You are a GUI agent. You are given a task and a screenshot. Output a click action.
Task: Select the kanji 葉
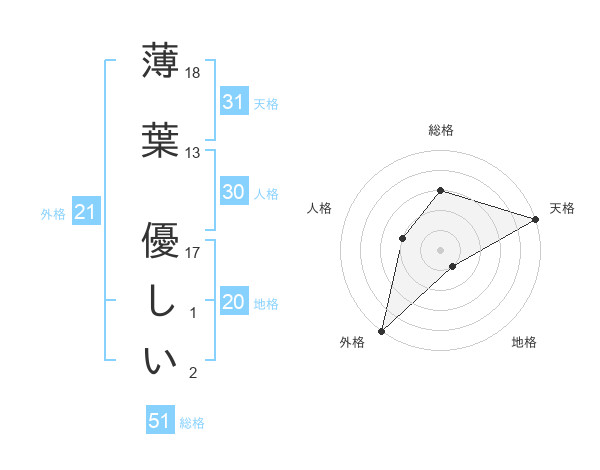160,140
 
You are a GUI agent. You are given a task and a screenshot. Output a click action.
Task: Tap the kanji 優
160,240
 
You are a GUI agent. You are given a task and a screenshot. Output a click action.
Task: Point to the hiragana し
160,302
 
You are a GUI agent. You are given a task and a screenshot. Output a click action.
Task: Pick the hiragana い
160,362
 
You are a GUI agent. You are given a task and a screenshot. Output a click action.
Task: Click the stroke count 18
193,73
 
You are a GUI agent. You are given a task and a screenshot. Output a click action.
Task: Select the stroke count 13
193,153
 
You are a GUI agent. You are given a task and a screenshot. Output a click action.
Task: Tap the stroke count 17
193,252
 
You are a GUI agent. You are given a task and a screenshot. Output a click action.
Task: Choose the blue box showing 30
233,192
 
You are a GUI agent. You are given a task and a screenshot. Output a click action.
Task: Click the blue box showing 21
85,212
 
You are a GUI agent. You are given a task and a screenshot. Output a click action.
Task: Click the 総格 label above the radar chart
441,130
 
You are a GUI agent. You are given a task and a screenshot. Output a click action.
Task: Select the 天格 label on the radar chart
562,208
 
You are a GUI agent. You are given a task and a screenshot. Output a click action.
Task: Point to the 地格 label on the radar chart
524,342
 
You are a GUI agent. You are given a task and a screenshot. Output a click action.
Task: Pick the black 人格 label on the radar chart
320,208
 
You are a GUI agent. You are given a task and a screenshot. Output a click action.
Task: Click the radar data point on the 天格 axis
536,219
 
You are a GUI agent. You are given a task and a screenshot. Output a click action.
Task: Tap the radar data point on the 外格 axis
381,330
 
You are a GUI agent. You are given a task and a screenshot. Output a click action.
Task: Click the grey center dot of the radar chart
440,248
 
